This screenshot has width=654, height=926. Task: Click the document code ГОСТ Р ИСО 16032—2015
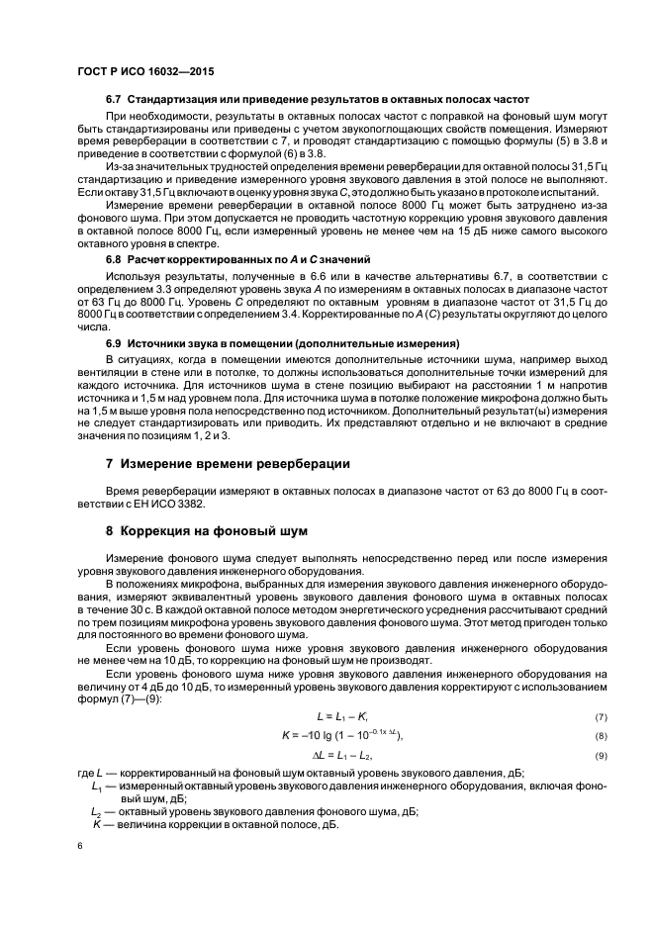coord(145,72)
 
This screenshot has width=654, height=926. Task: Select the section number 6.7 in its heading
coord(113,101)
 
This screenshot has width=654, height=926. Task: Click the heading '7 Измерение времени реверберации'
coord(229,463)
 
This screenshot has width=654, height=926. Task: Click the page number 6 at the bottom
coord(79,847)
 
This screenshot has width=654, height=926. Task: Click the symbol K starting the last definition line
coord(97,823)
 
